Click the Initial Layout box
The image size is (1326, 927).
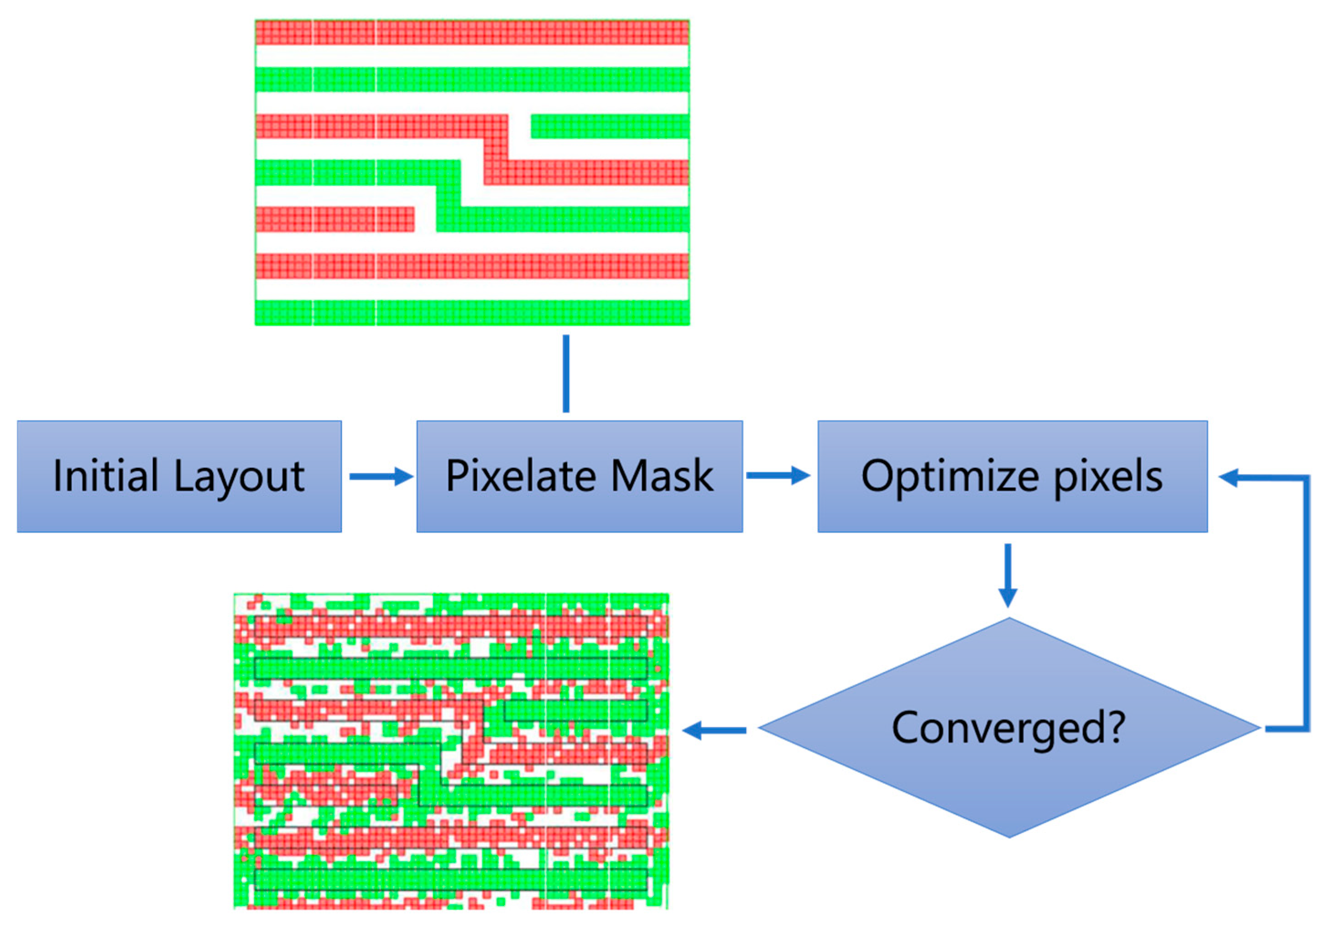coord(179,476)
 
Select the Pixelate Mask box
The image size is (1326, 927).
coord(579,476)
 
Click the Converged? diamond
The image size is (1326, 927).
coord(1009,728)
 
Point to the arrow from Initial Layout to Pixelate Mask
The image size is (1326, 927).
coord(381,476)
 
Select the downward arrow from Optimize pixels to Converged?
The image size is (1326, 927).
coord(1008,575)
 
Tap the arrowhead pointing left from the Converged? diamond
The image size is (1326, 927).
coord(693,730)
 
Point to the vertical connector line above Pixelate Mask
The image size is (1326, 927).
coord(566,373)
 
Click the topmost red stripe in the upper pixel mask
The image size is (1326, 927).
coord(472,32)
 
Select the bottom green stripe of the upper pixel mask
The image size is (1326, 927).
coord(472,312)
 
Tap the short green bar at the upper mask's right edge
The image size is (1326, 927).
coord(609,126)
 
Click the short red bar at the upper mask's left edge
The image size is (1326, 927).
coord(335,219)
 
